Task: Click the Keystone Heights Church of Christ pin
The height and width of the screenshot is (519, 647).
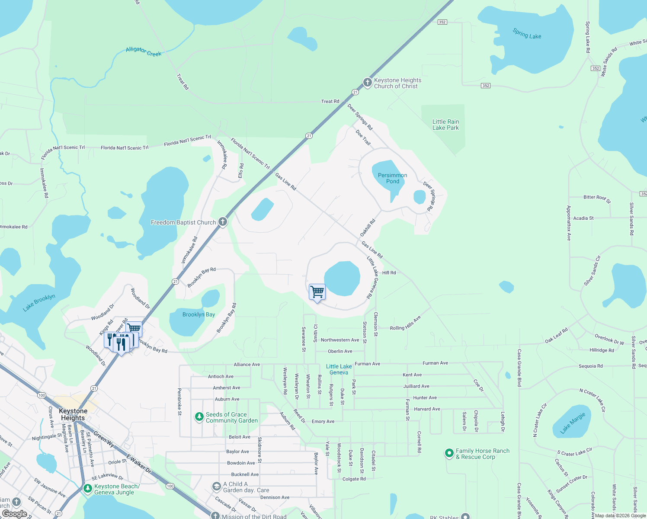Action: pyautogui.click(x=367, y=82)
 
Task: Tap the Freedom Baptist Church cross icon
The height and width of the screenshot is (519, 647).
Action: pyautogui.click(x=223, y=222)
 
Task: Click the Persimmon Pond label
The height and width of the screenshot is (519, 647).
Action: pyautogui.click(x=392, y=178)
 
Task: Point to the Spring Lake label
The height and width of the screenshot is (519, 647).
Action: pyautogui.click(x=527, y=34)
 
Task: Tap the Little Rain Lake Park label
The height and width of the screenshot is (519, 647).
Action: pyautogui.click(x=445, y=125)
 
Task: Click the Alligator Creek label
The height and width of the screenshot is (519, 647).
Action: pyautogui.click(x=144, y=51)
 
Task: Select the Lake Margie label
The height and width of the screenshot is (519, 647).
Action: pyautogui.click(x=572, y=423)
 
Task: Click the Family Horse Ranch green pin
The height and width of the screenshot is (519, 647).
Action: pyautogui.click(x=449, y=453)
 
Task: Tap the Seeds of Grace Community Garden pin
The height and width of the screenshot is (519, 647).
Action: pyautogui.click(x=199, y=417)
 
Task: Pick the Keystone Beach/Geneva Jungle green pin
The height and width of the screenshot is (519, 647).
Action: pyautogui.click(x=87, y=489)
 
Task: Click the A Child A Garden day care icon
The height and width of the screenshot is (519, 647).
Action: pyautogui.click(x=216, y=487)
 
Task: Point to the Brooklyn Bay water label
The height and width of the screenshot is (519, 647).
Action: pyautogui.click(x=199, y=314)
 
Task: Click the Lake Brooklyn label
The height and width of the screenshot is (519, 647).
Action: pyautogui.click(x=39, y=302)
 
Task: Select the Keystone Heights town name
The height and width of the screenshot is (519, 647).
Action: pyautogui.click(x=73, y=414)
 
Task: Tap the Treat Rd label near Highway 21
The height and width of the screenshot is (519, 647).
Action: pyautogui.click(x=330, y=101)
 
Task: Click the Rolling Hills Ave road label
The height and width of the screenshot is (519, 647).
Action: pyautogui.click(x=405, y=323)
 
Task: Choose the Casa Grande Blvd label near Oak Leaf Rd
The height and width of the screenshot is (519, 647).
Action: pyautogui.click(x=519, y=368)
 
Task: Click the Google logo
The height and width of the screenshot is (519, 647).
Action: pyautogui.click(x=15, y=513)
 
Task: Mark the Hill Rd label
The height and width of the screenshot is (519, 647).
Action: pyautogui.click(x=389, y=272)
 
